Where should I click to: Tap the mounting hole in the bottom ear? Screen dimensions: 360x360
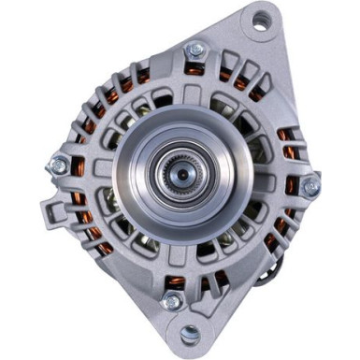coord(191,332)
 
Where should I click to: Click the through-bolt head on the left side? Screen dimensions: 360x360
coord(59,166)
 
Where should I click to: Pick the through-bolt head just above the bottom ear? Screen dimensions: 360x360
coord(171,300)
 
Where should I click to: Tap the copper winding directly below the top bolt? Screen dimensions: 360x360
coord(194,70)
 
